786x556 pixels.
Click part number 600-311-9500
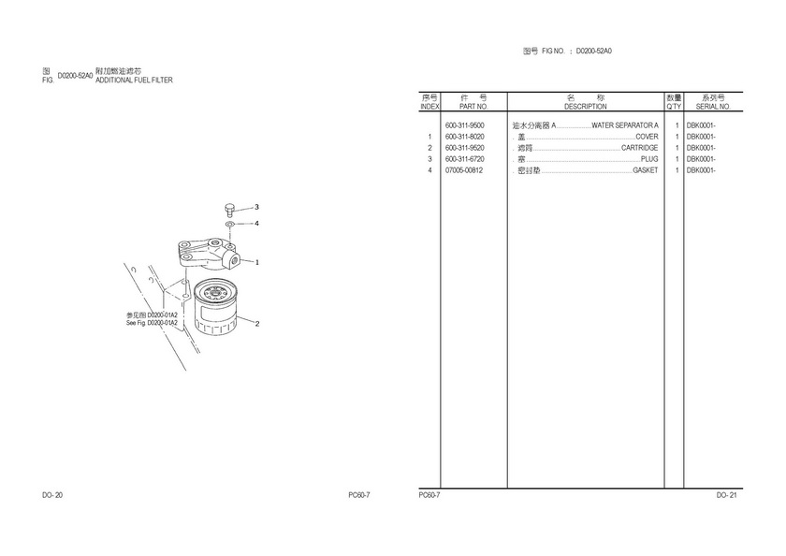tap(465, 125)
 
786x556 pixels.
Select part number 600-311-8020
tap(465, 137)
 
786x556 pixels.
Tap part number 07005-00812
tap(464, 170)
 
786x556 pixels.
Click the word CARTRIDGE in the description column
tap(640, 148)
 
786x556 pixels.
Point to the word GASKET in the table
tap(645, 170)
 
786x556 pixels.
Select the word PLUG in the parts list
tap(649, 159)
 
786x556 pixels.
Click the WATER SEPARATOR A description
tap(625, 125)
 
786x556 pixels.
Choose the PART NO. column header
tap(473, 107)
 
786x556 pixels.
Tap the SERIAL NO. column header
tap(713, 107)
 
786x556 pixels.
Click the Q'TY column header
tap(675, 107)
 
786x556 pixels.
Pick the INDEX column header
tap(429, 107)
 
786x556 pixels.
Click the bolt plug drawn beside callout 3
tap(229, 209)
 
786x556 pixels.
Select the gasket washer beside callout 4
tap(229, 224)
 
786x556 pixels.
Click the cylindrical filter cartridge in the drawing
tap(214, 307)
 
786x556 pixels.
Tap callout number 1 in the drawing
tap(257, 262)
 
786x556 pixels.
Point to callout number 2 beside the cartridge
tap(257, 324)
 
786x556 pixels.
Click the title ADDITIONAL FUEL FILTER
tap(134, 80)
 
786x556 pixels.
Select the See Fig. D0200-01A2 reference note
tap(152, 323)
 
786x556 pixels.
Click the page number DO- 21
tap(727, 495)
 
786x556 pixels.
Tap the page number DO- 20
tap(52, 495)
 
